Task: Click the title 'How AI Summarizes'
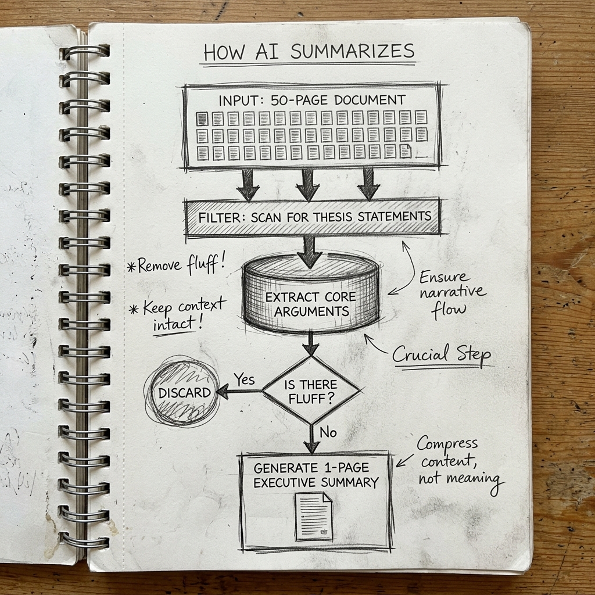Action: pos(309,52)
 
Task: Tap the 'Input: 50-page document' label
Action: pos(312,99)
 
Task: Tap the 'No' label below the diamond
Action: pos(328,433)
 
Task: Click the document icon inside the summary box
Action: pos(314,515)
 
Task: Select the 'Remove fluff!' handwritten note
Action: pos(175,266)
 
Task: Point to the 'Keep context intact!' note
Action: pos(177,313)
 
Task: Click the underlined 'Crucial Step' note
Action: pos(441,354)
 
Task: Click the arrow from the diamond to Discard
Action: pos(238,392)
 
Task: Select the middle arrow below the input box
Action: pos(307,184)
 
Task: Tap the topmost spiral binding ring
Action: pos(84,51)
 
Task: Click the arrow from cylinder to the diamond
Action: pos(310,344)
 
